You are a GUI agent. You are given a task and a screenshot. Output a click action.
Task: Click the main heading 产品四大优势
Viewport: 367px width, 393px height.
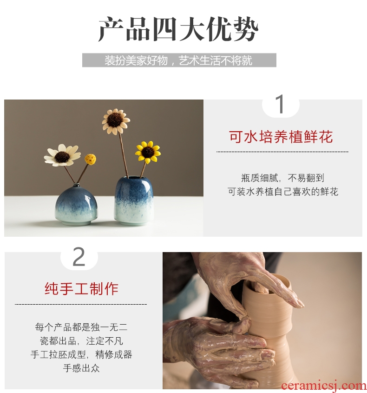(x=178, y=30)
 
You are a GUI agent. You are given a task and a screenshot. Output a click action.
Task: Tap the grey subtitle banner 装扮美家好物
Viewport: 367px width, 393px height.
(x=179, y=60)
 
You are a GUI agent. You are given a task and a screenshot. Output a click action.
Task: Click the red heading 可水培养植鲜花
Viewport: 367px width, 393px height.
(x=281, y=137)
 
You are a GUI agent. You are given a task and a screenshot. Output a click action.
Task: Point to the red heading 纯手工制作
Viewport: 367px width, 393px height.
(x=81, y=288)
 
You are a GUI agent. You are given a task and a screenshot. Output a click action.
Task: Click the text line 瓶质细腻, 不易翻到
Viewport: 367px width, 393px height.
(x=282, y=178)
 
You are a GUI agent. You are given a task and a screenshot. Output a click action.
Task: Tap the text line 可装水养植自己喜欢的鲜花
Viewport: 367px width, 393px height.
(x=283, y=192)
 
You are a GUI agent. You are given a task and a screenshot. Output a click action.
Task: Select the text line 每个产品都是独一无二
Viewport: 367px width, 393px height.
(x=81, y=327)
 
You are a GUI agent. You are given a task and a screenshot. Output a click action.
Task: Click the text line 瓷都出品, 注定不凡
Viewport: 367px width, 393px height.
(x=81, y=341)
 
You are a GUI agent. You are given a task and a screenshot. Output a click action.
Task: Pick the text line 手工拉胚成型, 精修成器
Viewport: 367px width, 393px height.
(x=81, y=354)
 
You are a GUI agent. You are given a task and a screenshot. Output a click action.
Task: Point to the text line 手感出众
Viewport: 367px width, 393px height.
(x=81, y=368)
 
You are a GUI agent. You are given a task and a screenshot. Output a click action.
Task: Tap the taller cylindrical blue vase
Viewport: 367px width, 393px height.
(x=134, y=200)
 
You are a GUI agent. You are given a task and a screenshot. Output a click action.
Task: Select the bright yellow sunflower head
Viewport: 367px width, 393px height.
(x=148, y=152)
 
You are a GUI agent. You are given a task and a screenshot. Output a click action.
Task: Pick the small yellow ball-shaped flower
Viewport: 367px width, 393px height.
(x=90, y=159)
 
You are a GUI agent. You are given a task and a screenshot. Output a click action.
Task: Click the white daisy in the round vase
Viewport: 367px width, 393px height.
(x=62, y=155)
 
